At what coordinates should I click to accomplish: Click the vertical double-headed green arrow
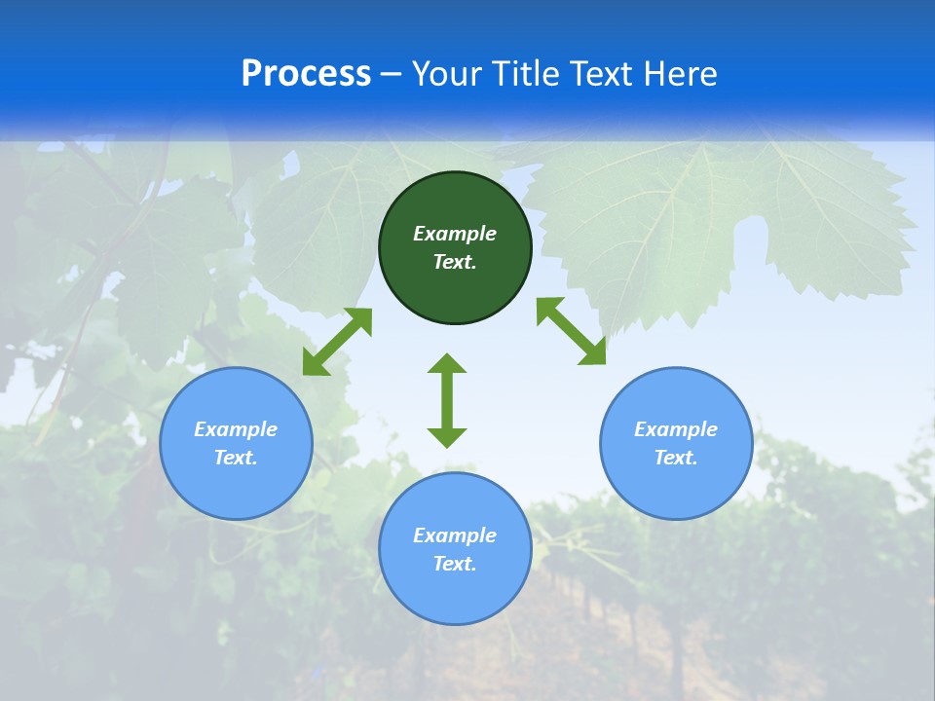[x=447, y=400]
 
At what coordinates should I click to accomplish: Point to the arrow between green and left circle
[x=337, y=342]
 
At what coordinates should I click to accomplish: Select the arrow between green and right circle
[x=572, y=331]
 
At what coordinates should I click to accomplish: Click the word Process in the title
[x=306, y=74]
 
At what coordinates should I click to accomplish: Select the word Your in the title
[x=445, y=74]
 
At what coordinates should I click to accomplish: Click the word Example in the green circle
[x=455, y=234]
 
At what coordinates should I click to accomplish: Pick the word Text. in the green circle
[x=455, y=262]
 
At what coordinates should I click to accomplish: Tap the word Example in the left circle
[x=236, y=429]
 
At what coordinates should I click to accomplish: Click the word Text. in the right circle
[x=676, y=458]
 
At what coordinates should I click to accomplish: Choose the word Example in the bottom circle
[x=455, y=535]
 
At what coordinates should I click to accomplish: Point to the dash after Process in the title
[x=391, y=75]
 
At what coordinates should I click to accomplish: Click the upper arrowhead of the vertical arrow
[x=447, y=363]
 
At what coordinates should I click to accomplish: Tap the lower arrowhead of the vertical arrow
[x=447, y=437]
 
